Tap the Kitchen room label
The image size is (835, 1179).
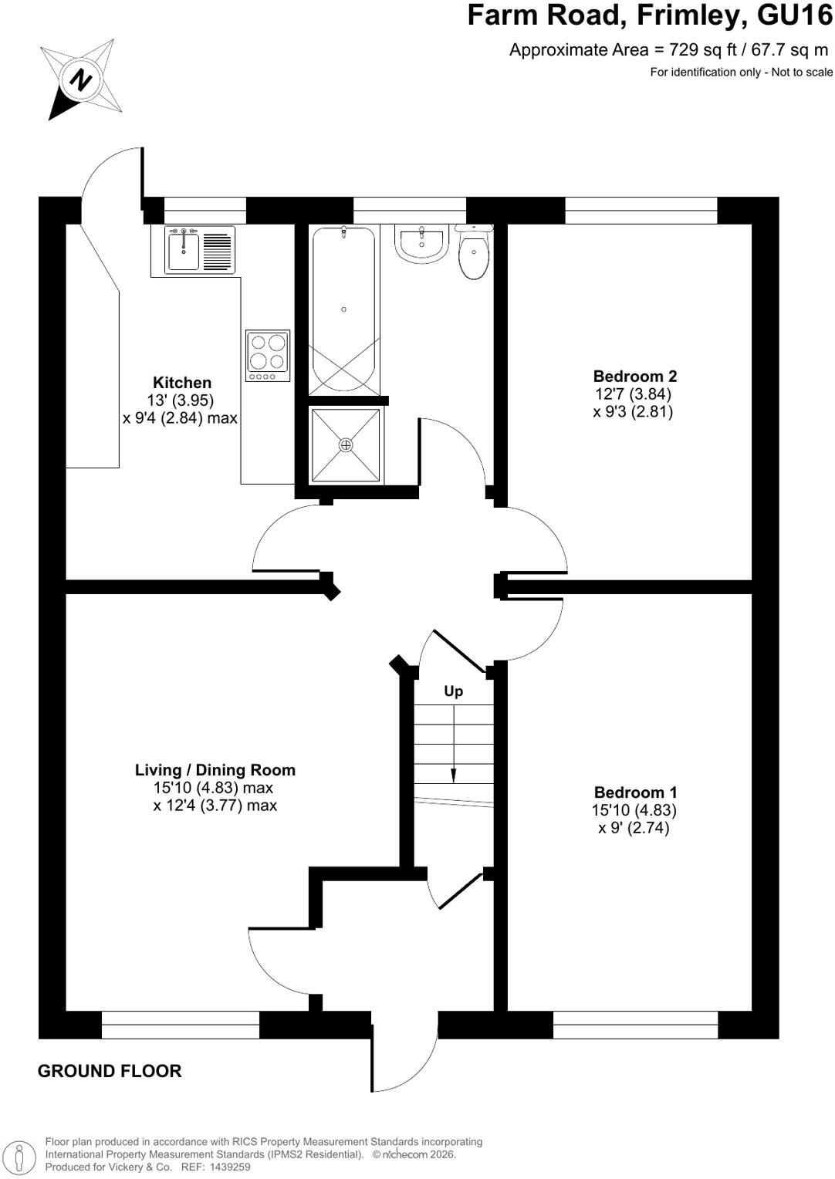click(x=182, y=382)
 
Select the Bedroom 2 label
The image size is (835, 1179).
click(x=635, y=376)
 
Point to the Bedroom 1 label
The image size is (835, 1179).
click(x=635, y=792)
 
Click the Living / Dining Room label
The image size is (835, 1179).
click(x=215, y=770)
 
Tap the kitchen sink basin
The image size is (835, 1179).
click(x=183, y=250)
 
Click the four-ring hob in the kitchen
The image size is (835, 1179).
click(x=268, y=356)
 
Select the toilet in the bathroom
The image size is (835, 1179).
click(x=474, y=252)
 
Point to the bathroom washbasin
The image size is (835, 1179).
click(x=421, y=243)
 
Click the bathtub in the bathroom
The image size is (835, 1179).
click(x=343, y=310)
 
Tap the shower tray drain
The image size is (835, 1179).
click(x=346, y=445)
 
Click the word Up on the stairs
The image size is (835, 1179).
click(x=453, y=691)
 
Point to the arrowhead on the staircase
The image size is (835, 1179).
click(x=453, y=775)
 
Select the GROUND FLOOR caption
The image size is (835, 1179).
click(x=110, y=1070)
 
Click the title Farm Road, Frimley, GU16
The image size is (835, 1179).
click(x=651, y=15)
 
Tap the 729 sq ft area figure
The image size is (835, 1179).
click(x=702, y=50)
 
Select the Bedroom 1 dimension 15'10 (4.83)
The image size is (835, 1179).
click(x=634, y=809)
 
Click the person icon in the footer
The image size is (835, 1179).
click(x=19, y=1156)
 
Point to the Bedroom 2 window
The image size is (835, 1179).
click(x=641, y=210)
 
